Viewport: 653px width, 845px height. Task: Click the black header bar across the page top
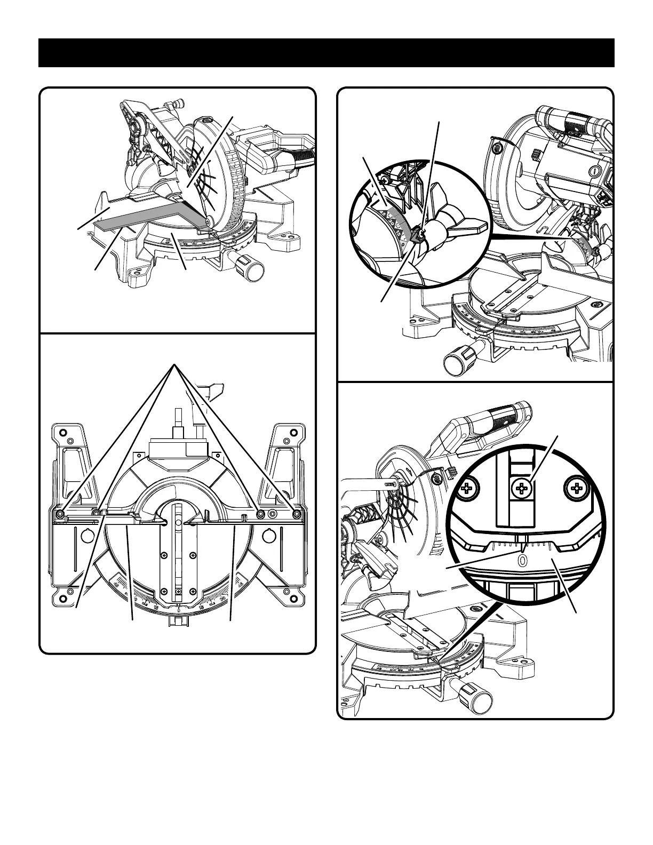point(326,53)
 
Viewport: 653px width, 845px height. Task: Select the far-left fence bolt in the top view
point(60,513)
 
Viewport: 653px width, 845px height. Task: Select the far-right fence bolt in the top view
point(297,513)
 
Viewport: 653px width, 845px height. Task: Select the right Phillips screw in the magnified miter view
point(577,487)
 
